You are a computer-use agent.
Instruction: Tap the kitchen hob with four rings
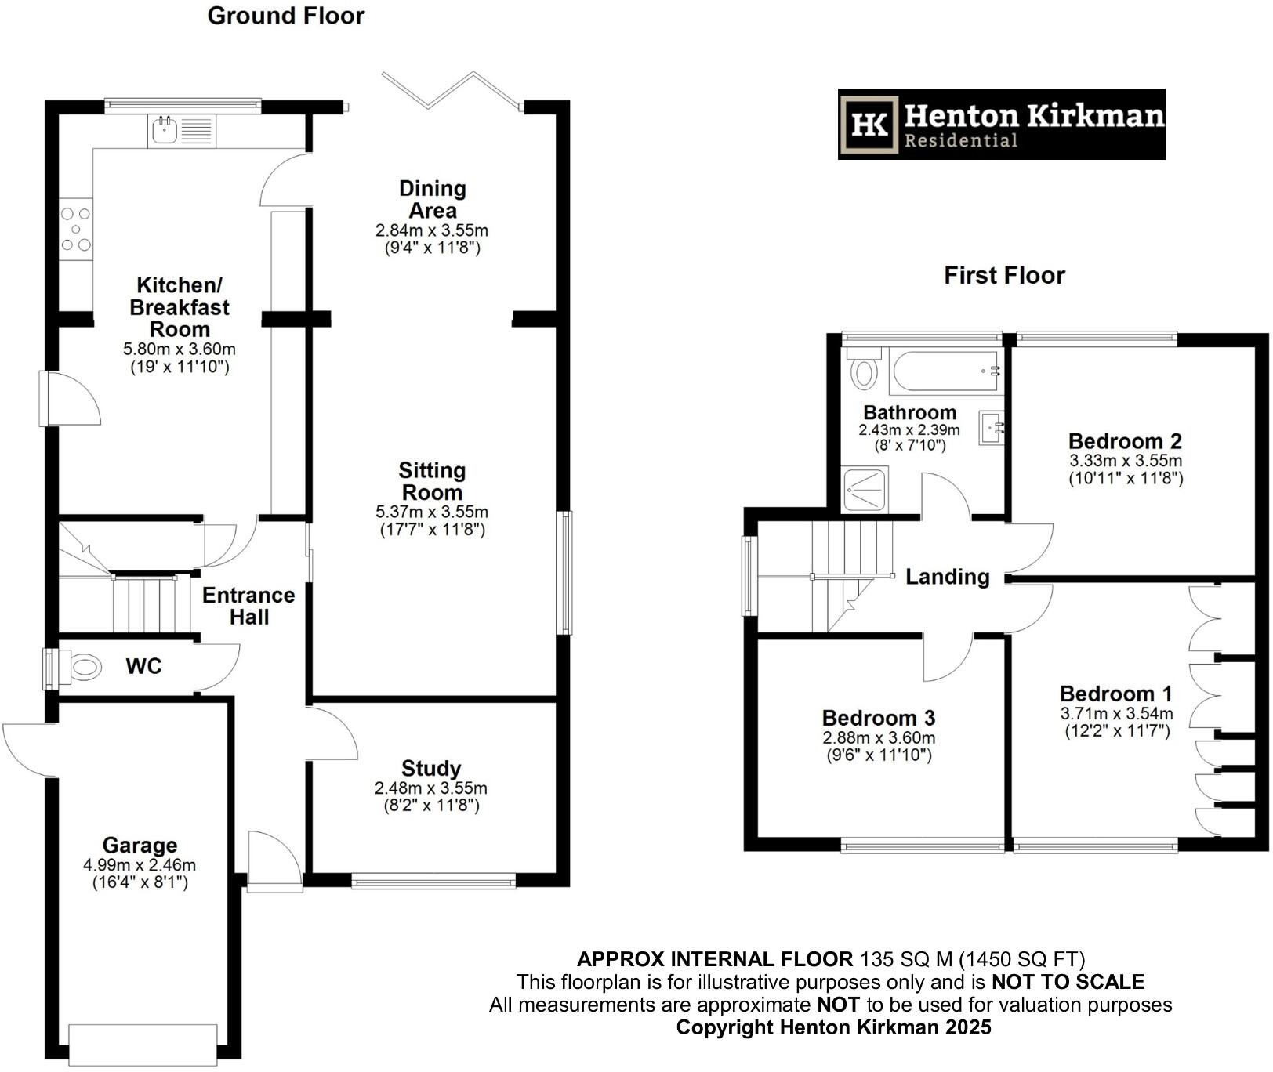[x=76, y=230]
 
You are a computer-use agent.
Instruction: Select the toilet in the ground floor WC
[x=82, y=668]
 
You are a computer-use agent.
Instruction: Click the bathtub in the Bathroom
[x=945, y=371]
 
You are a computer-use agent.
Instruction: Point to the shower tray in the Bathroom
[x=865, y=489]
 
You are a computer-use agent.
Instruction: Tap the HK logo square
[x=869, y=125]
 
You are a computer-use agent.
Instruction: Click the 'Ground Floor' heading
[x=286, y=16]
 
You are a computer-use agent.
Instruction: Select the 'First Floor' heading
[x=1004, y=275]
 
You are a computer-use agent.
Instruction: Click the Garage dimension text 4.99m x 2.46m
[x=140, y=865]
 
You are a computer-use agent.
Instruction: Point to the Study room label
[x=431, y=768]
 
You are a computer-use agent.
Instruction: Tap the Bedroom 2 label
[x=1125, y=441]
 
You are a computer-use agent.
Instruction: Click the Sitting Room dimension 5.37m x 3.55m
[x=432, y=512]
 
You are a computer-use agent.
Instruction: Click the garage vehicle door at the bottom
[x=143, y=1045]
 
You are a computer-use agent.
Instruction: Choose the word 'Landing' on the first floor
[x=947, y=578]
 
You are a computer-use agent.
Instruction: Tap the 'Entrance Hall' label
[x=248, y=606]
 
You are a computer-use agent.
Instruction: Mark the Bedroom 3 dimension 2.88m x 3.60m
[x=879, y=737]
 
